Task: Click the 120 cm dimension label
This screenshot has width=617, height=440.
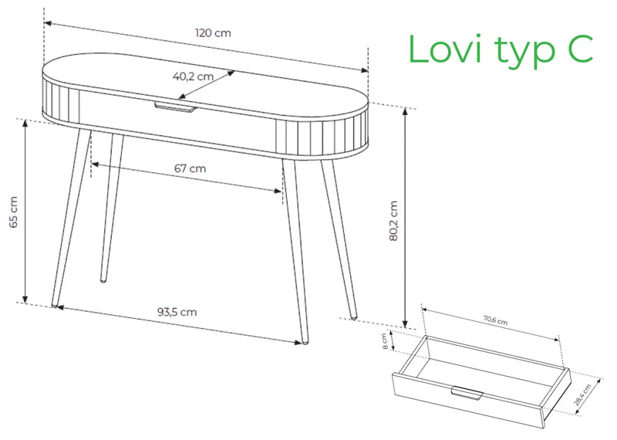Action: [213, 32]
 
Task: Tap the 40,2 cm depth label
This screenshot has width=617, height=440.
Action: [193, 76]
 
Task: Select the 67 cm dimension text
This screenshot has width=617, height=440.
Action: [190, 168]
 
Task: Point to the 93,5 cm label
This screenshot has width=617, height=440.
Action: [177, 312]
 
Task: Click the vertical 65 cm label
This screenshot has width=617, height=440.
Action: [13, 212]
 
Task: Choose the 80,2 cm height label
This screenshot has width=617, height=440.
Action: [393, 221]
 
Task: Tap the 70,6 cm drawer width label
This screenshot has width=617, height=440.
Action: [495, 320]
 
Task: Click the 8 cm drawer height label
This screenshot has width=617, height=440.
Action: [385, 341]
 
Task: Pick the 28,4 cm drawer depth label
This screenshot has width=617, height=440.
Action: [582, 394]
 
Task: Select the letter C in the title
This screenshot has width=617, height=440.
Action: [580, 49]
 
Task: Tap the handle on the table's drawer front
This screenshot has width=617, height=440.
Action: [175, 107]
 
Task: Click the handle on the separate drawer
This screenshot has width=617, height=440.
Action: [467, 393]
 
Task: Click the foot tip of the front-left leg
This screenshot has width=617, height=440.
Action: [55, 305]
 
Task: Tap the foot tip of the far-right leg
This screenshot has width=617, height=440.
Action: [354, 316]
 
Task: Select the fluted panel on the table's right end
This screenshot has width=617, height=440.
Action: [322, 136]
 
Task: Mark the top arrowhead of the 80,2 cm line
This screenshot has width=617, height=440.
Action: [406, 110]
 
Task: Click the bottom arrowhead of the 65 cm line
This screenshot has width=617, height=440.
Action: [25, 299]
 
